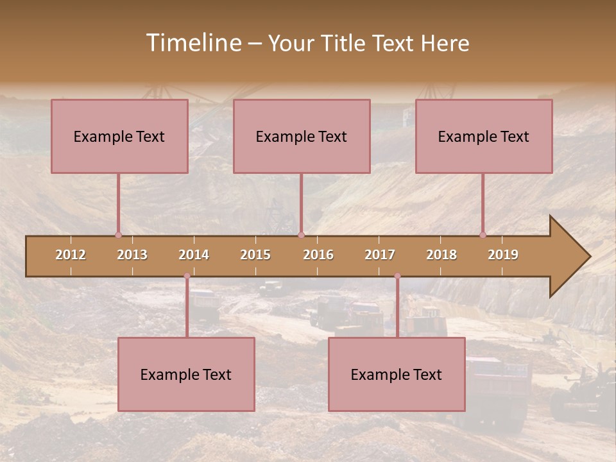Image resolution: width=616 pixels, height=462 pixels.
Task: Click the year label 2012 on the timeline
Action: pos(71,255)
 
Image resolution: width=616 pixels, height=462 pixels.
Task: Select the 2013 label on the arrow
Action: pos(132,255)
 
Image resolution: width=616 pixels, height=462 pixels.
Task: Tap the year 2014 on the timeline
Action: pos(194,255)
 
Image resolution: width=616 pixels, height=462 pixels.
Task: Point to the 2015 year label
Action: pos(255,255)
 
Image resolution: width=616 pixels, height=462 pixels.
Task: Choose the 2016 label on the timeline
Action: pos(318,255)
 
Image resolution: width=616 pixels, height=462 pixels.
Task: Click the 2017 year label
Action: pos(380,255)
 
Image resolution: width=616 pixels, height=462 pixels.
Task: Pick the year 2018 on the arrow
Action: pos(441,255)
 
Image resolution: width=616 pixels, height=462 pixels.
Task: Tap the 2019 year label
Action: pos(503,255)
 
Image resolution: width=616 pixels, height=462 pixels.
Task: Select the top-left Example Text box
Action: pos(119,136)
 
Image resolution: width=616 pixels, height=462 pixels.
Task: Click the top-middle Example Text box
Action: pos(302,136)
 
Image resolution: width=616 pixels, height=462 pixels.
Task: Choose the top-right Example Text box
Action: pos(484,136)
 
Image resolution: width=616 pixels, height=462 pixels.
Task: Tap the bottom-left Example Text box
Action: pos(186,374)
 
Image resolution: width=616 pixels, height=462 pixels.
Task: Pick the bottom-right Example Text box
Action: pos(397,374)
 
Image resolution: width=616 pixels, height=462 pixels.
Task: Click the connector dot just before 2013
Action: pos(118,235)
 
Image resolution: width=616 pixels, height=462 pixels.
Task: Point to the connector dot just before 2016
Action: pos(301,235)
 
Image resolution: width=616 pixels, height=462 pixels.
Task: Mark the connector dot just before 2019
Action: pos(483,235)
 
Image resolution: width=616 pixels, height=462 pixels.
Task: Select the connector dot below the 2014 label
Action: pos(187,276)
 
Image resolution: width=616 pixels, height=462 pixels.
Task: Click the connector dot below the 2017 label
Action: pos(397,276)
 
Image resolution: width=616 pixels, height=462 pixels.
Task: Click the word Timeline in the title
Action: pos(193,43)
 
